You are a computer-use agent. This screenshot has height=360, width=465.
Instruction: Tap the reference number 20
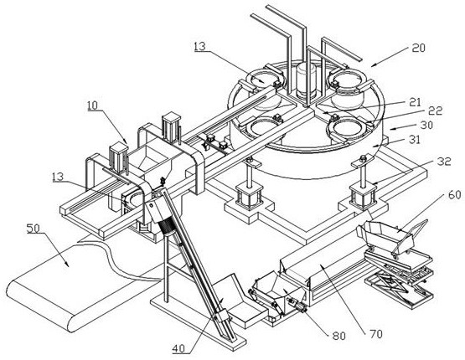click(x=418, y=48)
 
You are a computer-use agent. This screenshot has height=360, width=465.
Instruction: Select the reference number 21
click(x=416, y=102)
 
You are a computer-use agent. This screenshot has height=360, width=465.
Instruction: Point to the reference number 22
click(x=436, y=111)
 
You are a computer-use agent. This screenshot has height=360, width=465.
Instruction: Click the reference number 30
click(x=426, y=125)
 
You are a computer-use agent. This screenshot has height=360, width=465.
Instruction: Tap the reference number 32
click(x=444, y=162)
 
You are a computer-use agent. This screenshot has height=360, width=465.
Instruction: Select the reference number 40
click(x=178, y=348)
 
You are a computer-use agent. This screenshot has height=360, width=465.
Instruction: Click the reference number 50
click(x=34, y=229)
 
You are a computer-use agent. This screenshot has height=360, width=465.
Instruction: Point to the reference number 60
click(x=455, y=195)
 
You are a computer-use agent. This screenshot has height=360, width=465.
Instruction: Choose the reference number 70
click(x=375, y=334)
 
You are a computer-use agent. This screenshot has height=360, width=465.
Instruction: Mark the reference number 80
click(x=339, y=336)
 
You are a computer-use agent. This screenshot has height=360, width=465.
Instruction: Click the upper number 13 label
click(x=200, y=46)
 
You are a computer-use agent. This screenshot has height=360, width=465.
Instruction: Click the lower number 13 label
click(x=58, y=177)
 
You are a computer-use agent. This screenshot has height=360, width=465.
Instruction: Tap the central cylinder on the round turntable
click(x=307, y=80)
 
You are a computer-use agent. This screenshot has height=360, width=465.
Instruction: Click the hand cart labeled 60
click(x=391, y=236)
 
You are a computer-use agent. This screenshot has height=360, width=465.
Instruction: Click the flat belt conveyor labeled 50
click(x=74, y=285)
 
